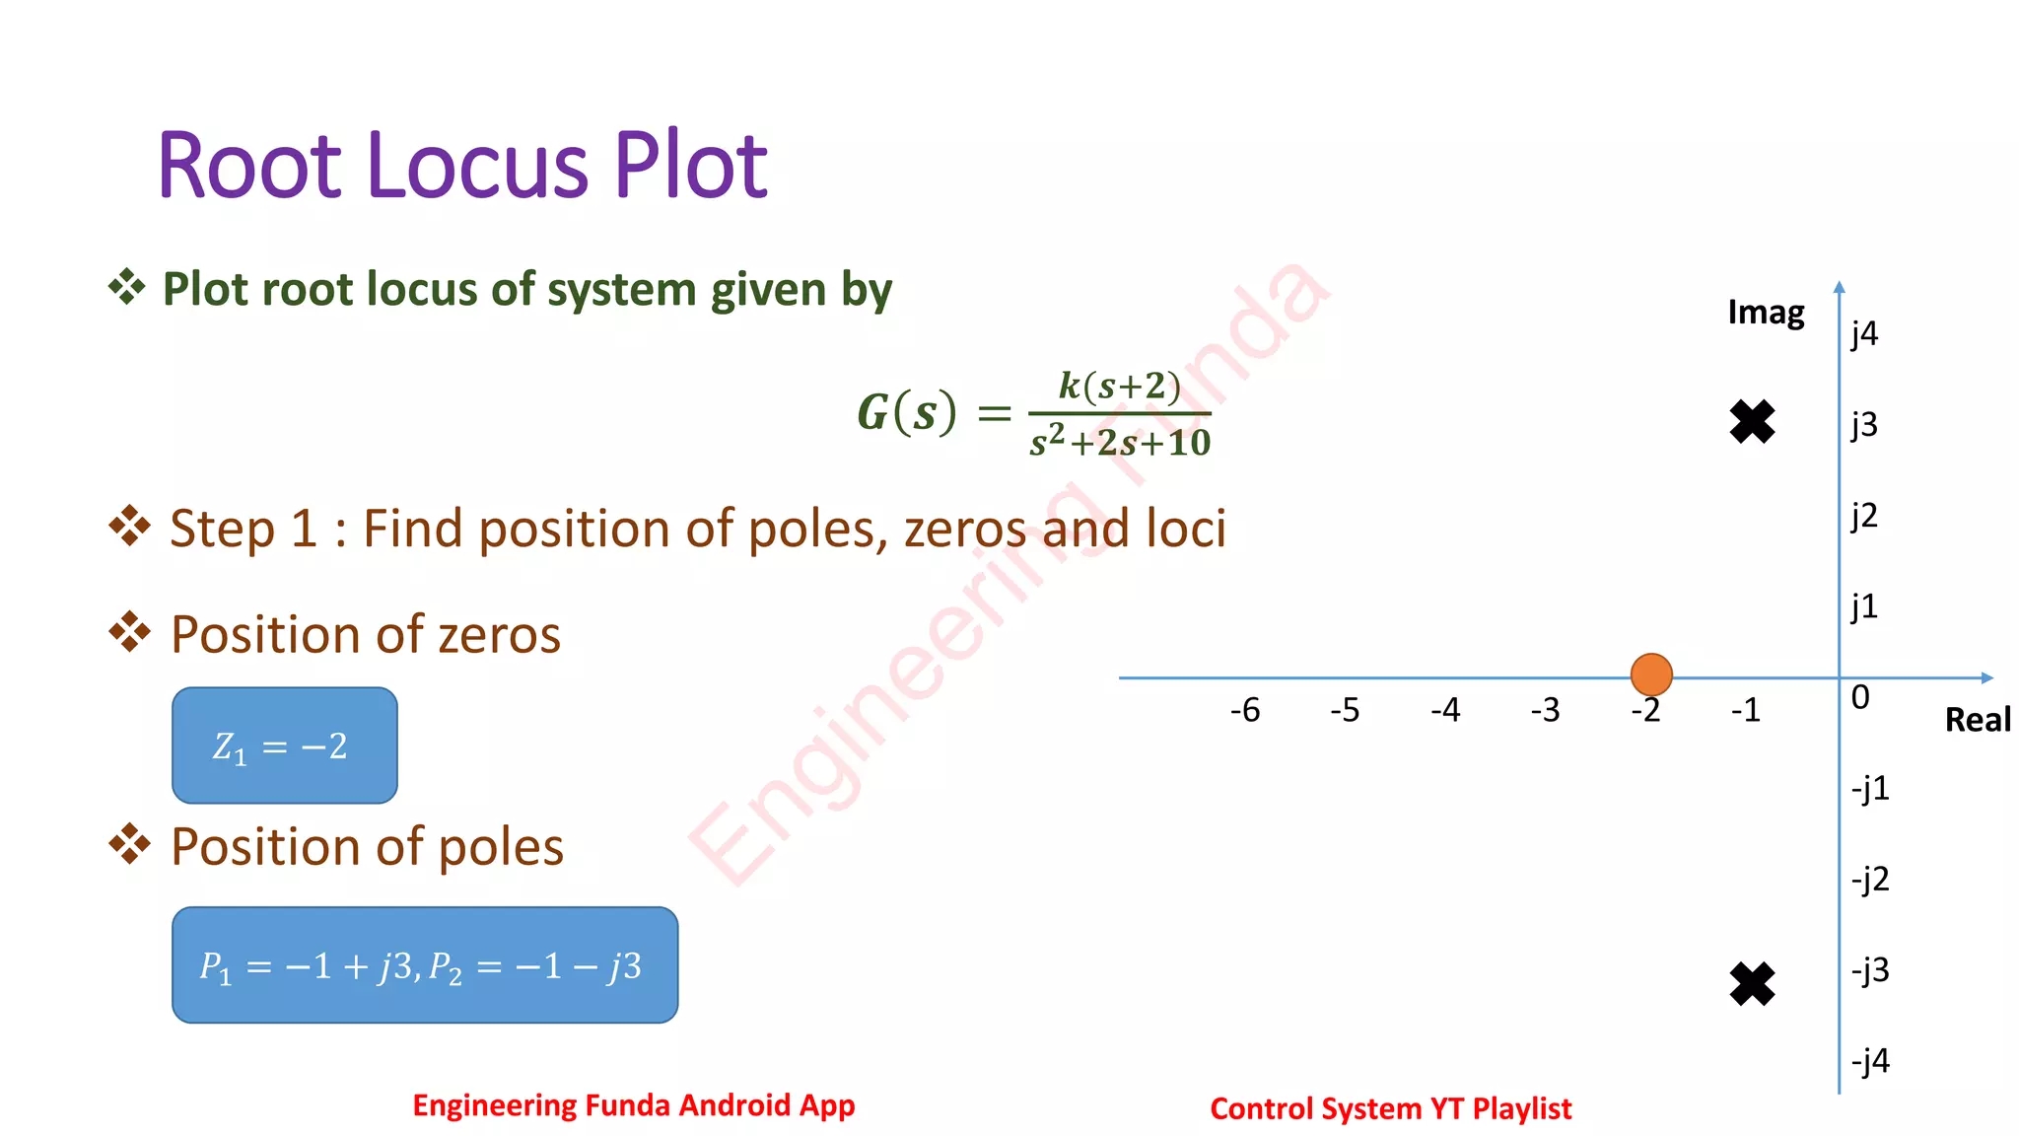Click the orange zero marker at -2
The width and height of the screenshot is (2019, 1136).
1651,674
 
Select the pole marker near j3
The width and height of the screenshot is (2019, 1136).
1752,422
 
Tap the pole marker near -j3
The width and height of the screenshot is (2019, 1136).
1752,983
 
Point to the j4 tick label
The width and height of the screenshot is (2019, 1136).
1864,334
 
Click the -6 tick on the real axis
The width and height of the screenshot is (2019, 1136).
1245,710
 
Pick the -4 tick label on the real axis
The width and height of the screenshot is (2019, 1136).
1445,710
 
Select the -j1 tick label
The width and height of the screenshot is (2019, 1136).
1870,789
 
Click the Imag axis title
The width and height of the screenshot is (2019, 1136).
1766,313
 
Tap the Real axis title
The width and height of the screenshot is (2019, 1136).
1978,720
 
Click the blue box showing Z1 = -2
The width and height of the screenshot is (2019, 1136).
285,745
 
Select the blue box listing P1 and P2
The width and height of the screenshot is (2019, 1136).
425,965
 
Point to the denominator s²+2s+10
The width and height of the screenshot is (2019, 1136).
1120,443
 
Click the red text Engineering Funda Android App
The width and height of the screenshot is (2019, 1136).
633,1105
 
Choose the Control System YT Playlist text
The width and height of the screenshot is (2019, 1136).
1390,1109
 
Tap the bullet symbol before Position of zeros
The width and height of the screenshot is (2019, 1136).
129,632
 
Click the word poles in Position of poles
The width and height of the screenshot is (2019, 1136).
501,847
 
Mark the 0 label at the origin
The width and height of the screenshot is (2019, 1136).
1860,698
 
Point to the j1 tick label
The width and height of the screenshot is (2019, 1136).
1864,606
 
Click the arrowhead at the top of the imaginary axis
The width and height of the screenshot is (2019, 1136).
1839,287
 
